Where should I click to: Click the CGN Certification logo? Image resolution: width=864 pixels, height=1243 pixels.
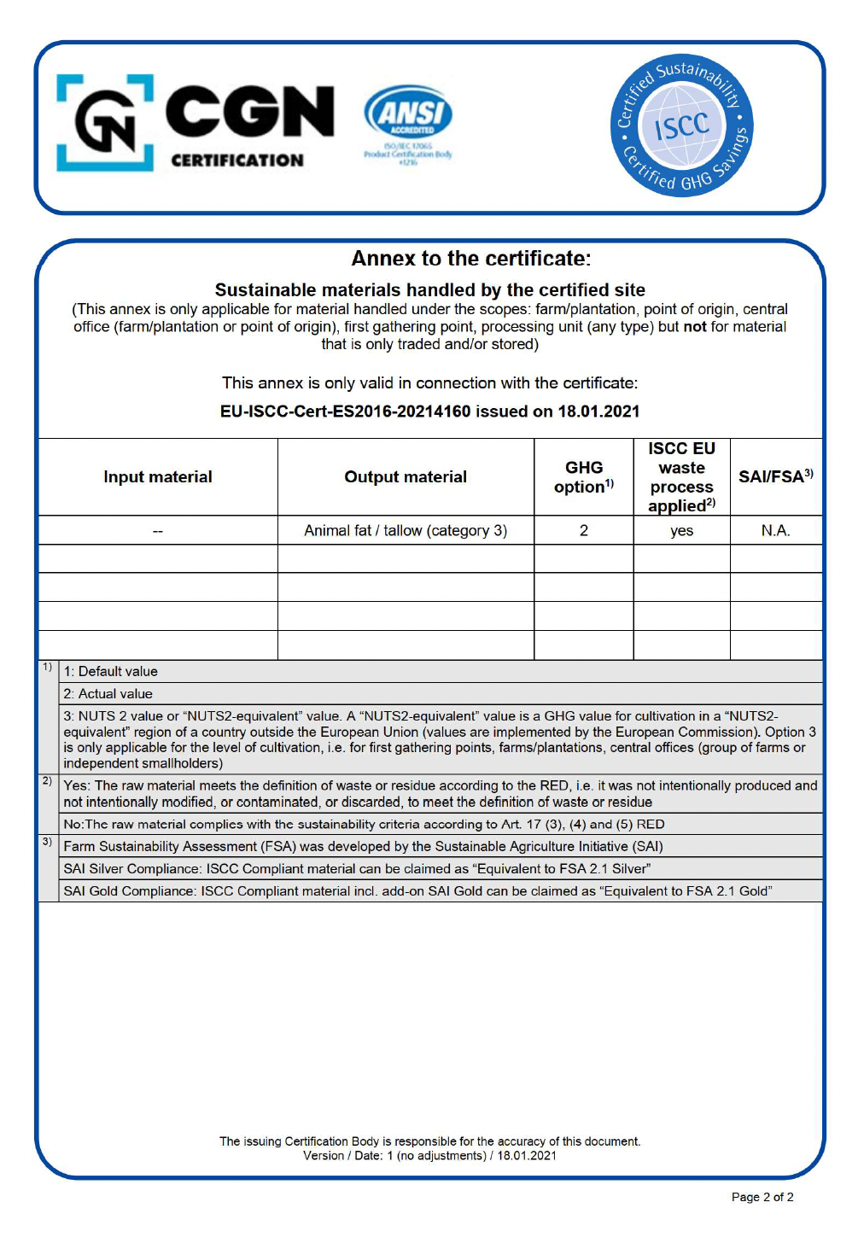pos(195,123)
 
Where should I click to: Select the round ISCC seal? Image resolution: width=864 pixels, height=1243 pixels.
pos(681,126)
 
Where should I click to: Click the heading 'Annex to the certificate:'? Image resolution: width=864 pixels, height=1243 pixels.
pos(470,259)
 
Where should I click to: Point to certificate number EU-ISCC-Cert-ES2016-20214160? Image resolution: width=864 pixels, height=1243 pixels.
pos(345,411)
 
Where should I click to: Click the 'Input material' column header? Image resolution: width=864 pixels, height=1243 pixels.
pos(158,477)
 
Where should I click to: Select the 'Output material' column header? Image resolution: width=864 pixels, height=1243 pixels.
pos(406,477)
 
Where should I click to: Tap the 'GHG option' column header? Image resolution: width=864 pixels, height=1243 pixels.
pos(584,477)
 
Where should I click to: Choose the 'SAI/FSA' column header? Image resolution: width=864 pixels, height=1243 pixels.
pos(775,477)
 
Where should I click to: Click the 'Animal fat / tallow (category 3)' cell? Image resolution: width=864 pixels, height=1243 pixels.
pos(406,531)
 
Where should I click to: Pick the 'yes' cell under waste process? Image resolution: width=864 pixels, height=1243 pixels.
pos(681,531)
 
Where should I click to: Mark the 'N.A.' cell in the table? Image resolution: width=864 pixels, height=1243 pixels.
pos(775,531)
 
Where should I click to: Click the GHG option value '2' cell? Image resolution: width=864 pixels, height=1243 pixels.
pos(584,531)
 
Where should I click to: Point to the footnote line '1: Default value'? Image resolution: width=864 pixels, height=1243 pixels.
pos(111,672)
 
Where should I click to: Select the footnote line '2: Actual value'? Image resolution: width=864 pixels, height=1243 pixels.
pos(108,694)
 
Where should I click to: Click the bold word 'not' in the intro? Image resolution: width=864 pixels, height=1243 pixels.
pos(695,327)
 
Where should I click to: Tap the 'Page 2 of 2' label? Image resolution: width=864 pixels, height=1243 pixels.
pos(762,1197)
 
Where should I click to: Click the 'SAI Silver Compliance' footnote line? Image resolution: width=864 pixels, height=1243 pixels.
pos(357,869)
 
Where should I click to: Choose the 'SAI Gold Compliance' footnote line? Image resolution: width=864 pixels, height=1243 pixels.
pos(417,891)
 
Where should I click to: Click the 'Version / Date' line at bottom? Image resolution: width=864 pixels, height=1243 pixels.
pos(429,1156)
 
